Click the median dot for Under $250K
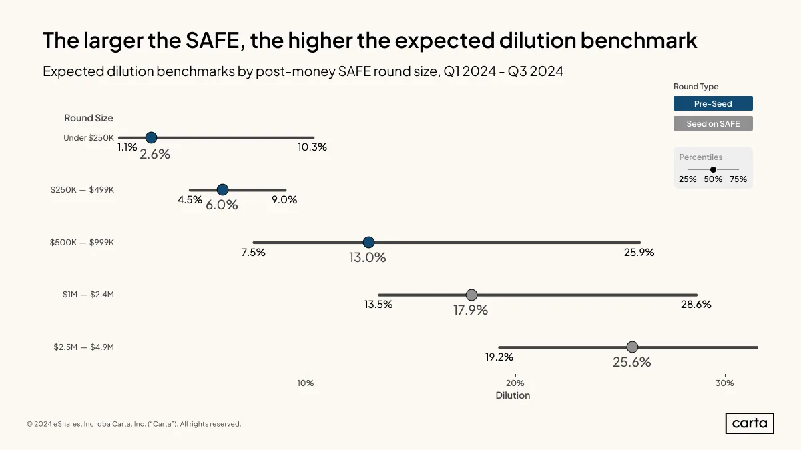click(x=152, y=137)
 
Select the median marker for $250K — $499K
click(x=222, y=189)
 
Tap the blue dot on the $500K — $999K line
click(x=368, y=242)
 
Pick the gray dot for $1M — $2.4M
click(x=472, y=295)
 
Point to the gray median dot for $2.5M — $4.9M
click(x=632, y=347)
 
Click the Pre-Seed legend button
click(x=713, y=103)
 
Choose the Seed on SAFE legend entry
click(x=713, y=123)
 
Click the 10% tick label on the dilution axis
click(x=306, y=383)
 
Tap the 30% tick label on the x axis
click(x=725, y=383)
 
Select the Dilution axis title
click(x=513, y=395)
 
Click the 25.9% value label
click(x=639, y=253)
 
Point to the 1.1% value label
click(x=127, y=147)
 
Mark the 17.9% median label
click(x=471, y=310)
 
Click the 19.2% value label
click(x=499, y=357)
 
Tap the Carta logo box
click(x=750, y=423)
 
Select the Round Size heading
click(x=89, y=118)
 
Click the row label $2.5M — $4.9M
click(x=83, y=347)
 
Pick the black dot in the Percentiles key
click(x=713, y=169)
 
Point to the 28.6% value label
click(x=696, y=305)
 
